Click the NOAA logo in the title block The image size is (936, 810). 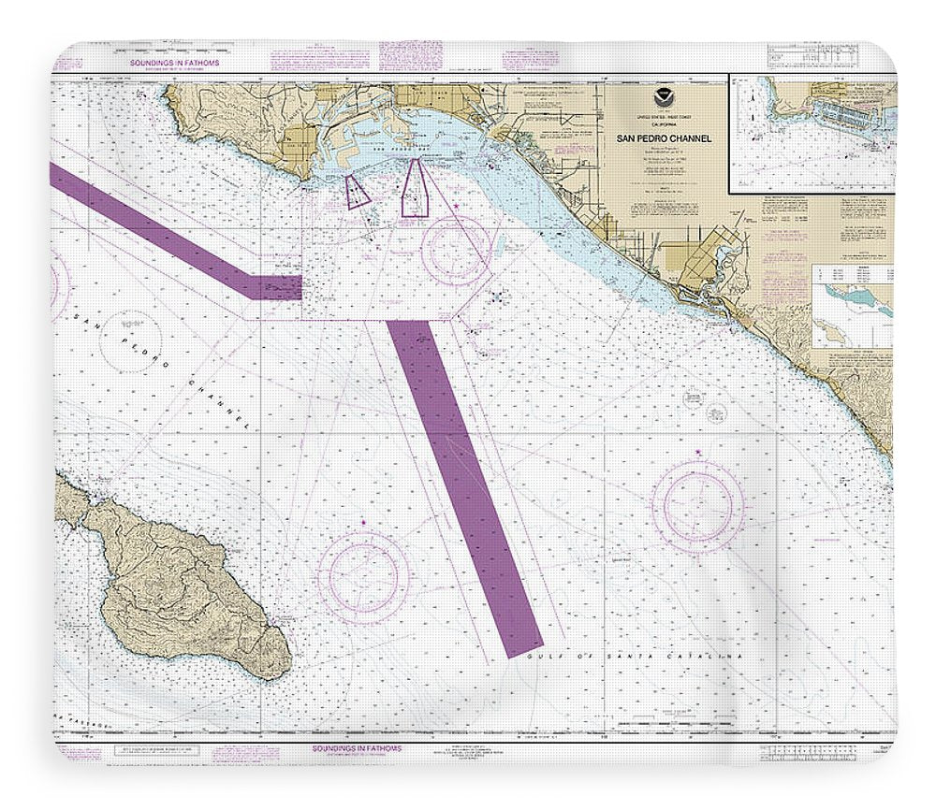(x=664, y=96)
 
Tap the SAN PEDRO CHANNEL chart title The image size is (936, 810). (x=664, y=138)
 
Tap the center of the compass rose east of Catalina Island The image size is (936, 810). (x=363, y=571)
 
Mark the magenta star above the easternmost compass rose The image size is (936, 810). (x=698, y=455)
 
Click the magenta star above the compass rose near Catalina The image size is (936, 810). (x=363, y=520)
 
